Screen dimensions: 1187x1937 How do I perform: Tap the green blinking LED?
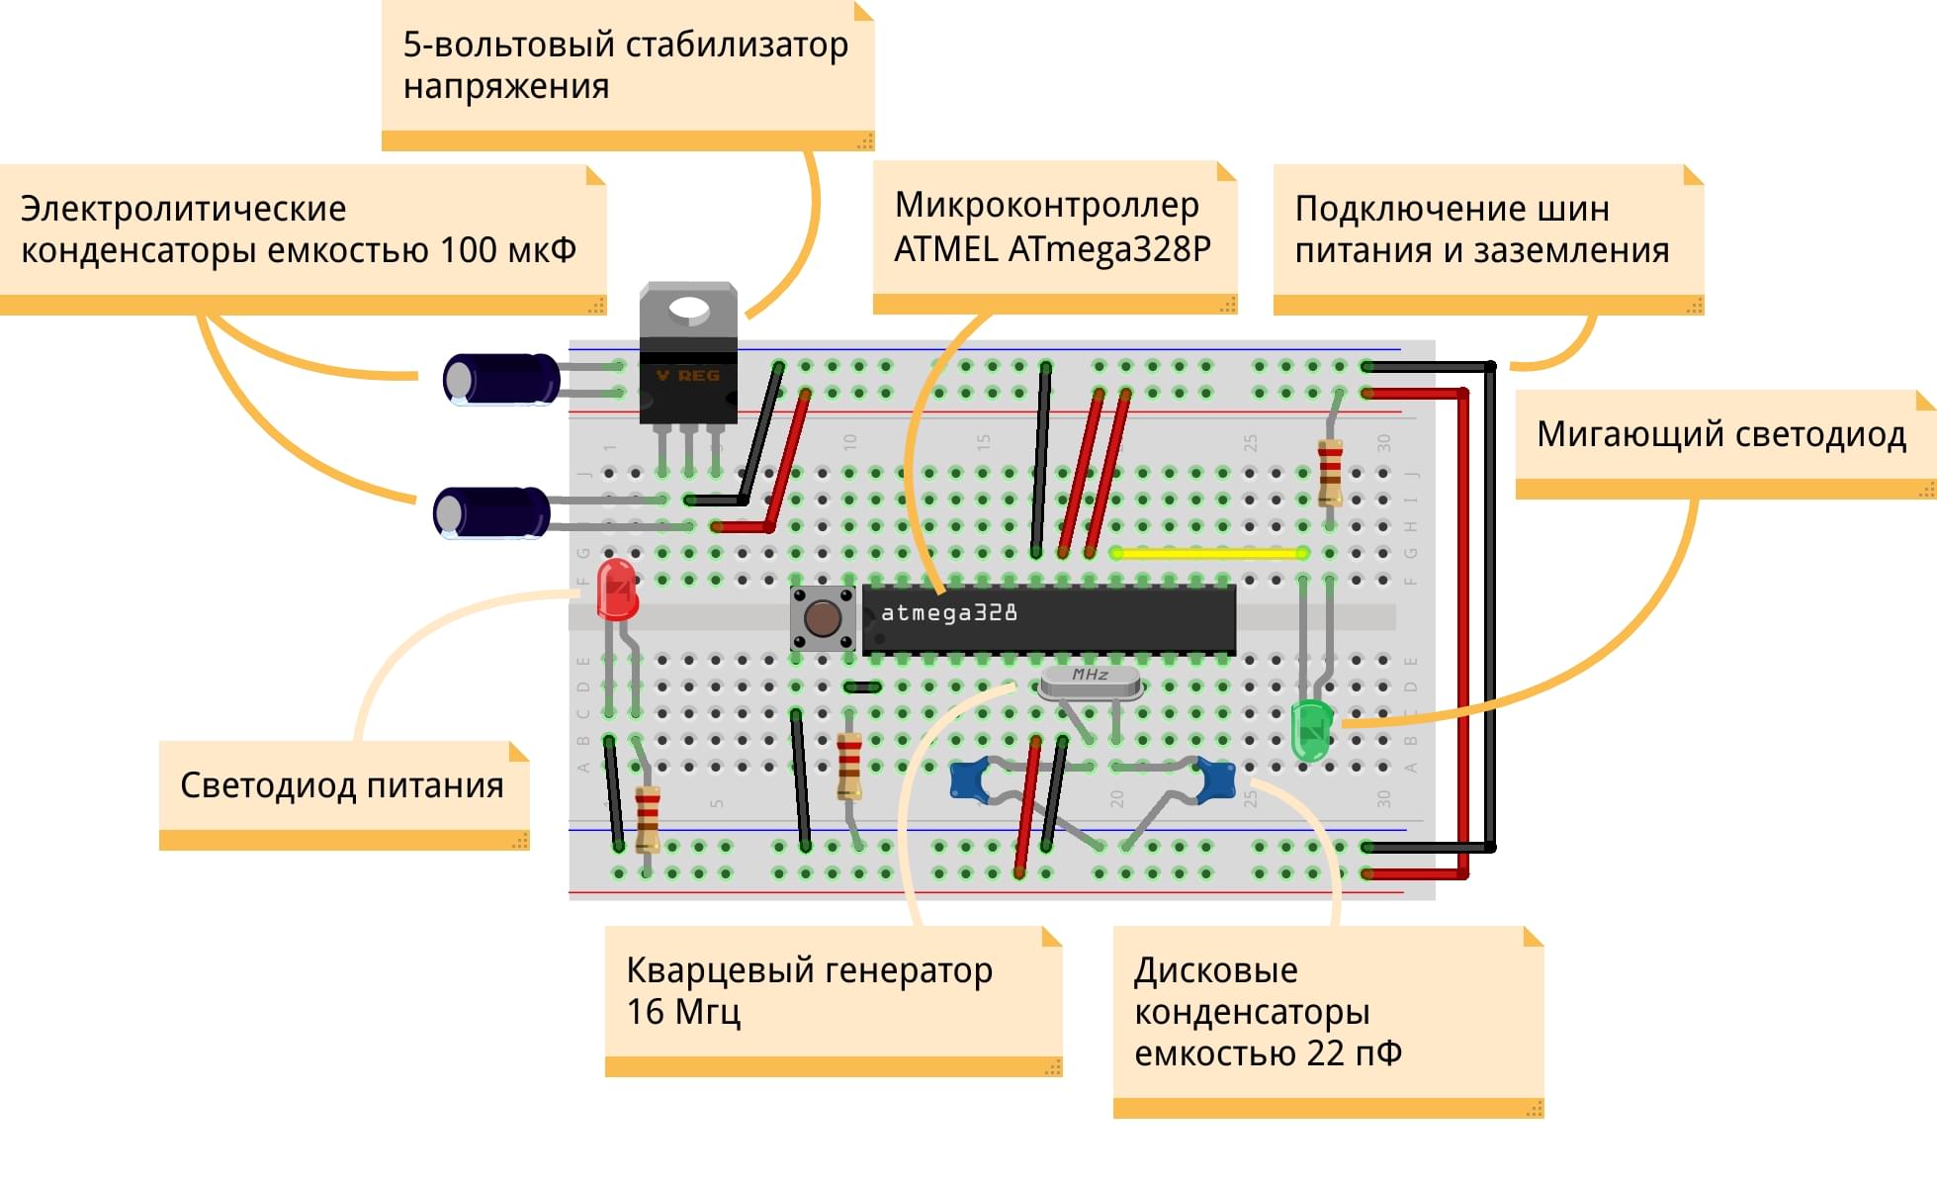pos(1312,730)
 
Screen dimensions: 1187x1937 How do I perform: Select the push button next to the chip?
pos(822,618)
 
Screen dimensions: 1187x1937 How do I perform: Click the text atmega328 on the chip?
pos(948,613)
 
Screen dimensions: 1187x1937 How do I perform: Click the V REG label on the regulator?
pos(688,376)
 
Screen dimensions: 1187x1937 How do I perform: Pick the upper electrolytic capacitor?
pos(501,379)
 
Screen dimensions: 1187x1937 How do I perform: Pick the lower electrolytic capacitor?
pos(491,512)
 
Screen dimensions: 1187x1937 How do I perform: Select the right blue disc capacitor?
pos(1216,778)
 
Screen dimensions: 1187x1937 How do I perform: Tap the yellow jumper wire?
pos(1208,553)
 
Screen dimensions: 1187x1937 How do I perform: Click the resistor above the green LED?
pos(1330,472)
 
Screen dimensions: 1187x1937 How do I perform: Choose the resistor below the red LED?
pos(648,818)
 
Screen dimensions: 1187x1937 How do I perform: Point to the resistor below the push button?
pos(848,765)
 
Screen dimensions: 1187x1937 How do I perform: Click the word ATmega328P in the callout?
pos(1109,248)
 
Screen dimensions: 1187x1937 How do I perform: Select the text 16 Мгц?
pos(683,1012)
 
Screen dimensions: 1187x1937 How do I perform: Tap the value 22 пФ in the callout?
pos(1354,1053)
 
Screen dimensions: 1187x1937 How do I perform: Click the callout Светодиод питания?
pos(342,785)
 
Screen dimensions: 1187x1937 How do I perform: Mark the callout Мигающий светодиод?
pos(1720,434)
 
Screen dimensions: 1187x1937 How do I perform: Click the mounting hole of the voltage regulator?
pos(688,311)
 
